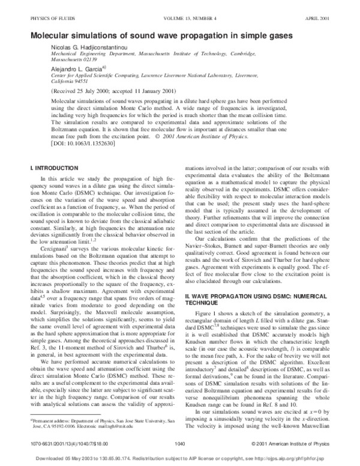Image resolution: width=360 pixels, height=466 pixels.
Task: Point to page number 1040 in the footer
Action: (178, 443)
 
